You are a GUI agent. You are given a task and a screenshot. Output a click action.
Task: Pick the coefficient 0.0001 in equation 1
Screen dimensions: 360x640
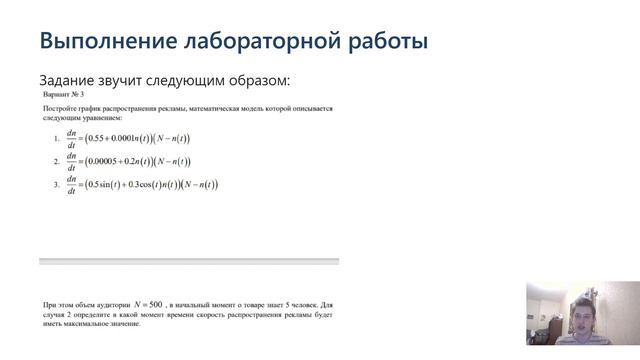128,139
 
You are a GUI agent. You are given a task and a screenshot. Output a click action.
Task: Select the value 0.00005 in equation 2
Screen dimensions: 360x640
108,161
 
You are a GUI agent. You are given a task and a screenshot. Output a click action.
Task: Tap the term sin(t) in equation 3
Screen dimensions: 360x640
112,184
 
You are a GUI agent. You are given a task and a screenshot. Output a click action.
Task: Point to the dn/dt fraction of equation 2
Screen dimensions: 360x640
71,161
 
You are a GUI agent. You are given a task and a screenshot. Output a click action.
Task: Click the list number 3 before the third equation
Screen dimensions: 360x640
56,185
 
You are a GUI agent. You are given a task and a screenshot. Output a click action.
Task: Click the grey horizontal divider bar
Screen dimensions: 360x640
189,261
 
